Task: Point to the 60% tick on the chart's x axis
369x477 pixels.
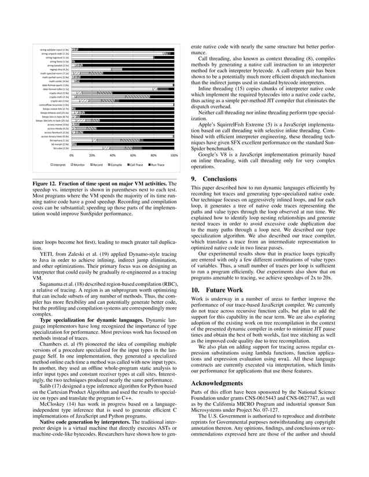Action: click(133, 155)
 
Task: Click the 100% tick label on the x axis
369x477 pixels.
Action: click(174, 155)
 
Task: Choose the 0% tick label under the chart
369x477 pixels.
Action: click(71, 155)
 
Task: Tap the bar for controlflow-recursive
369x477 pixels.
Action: click(121, 105)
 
